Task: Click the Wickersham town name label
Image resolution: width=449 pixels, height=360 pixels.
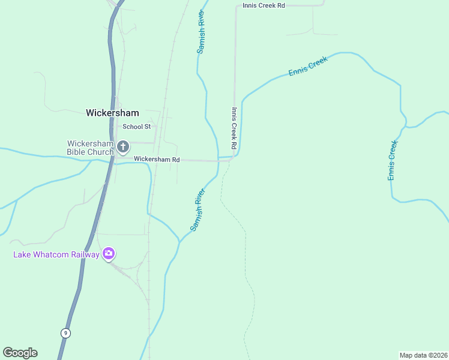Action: coord(112,113)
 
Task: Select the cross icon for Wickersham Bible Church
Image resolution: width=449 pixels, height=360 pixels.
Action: coord(123,146)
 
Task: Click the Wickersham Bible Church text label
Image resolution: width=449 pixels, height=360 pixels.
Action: coord(90,148)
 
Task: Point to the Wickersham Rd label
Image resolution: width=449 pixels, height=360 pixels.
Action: coord(157,160)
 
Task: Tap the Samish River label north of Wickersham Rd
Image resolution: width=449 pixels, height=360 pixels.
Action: coord(201,31)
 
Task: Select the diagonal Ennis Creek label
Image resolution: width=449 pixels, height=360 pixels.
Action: coord(308,66)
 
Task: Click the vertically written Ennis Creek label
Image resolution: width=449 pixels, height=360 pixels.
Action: coord(393,160)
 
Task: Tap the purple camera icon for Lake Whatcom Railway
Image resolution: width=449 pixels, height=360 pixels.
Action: coord(109,253)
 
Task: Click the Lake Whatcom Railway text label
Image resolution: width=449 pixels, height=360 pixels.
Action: coord(56,254)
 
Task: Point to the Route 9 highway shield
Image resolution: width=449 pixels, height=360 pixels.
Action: coord(65,333)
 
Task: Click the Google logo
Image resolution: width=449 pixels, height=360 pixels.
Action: coord(20,353)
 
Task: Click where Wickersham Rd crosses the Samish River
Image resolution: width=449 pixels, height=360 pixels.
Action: coord(218,160)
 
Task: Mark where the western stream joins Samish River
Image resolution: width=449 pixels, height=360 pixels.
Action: coord(179,242)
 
